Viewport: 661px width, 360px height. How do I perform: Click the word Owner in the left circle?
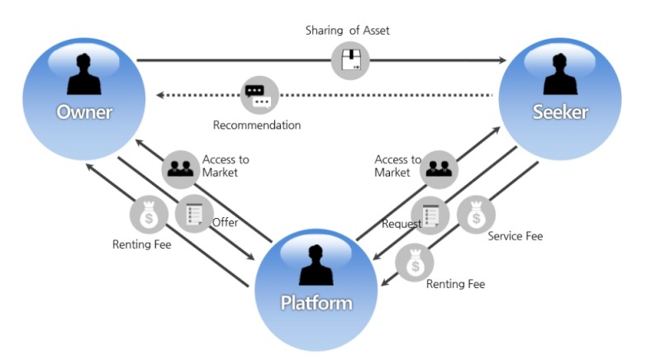click(83, 111)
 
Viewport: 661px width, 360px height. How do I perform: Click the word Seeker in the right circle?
click(560, 111)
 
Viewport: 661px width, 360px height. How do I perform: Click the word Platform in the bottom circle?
click(316, 302)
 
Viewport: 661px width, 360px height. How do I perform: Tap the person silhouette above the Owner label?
click(83, 74)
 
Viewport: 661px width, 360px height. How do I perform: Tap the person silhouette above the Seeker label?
click(560, 74)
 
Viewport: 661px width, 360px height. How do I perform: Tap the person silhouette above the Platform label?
click(316, 266)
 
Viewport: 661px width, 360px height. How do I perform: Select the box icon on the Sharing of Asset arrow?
click(350, 60)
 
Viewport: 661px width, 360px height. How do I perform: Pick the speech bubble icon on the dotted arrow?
click(259, 95)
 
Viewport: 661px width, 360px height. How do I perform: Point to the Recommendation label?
click(257, 126)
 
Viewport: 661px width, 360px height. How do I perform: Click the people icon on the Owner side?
click(180, 168)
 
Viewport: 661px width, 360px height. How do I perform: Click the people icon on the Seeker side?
click(440, 170)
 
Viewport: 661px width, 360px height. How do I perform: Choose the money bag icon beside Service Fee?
click(475, 216)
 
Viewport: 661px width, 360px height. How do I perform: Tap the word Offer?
click(226, 223)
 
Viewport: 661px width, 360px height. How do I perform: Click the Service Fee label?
click(515, 236)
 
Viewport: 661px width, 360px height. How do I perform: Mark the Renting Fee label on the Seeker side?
click(455, 284)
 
